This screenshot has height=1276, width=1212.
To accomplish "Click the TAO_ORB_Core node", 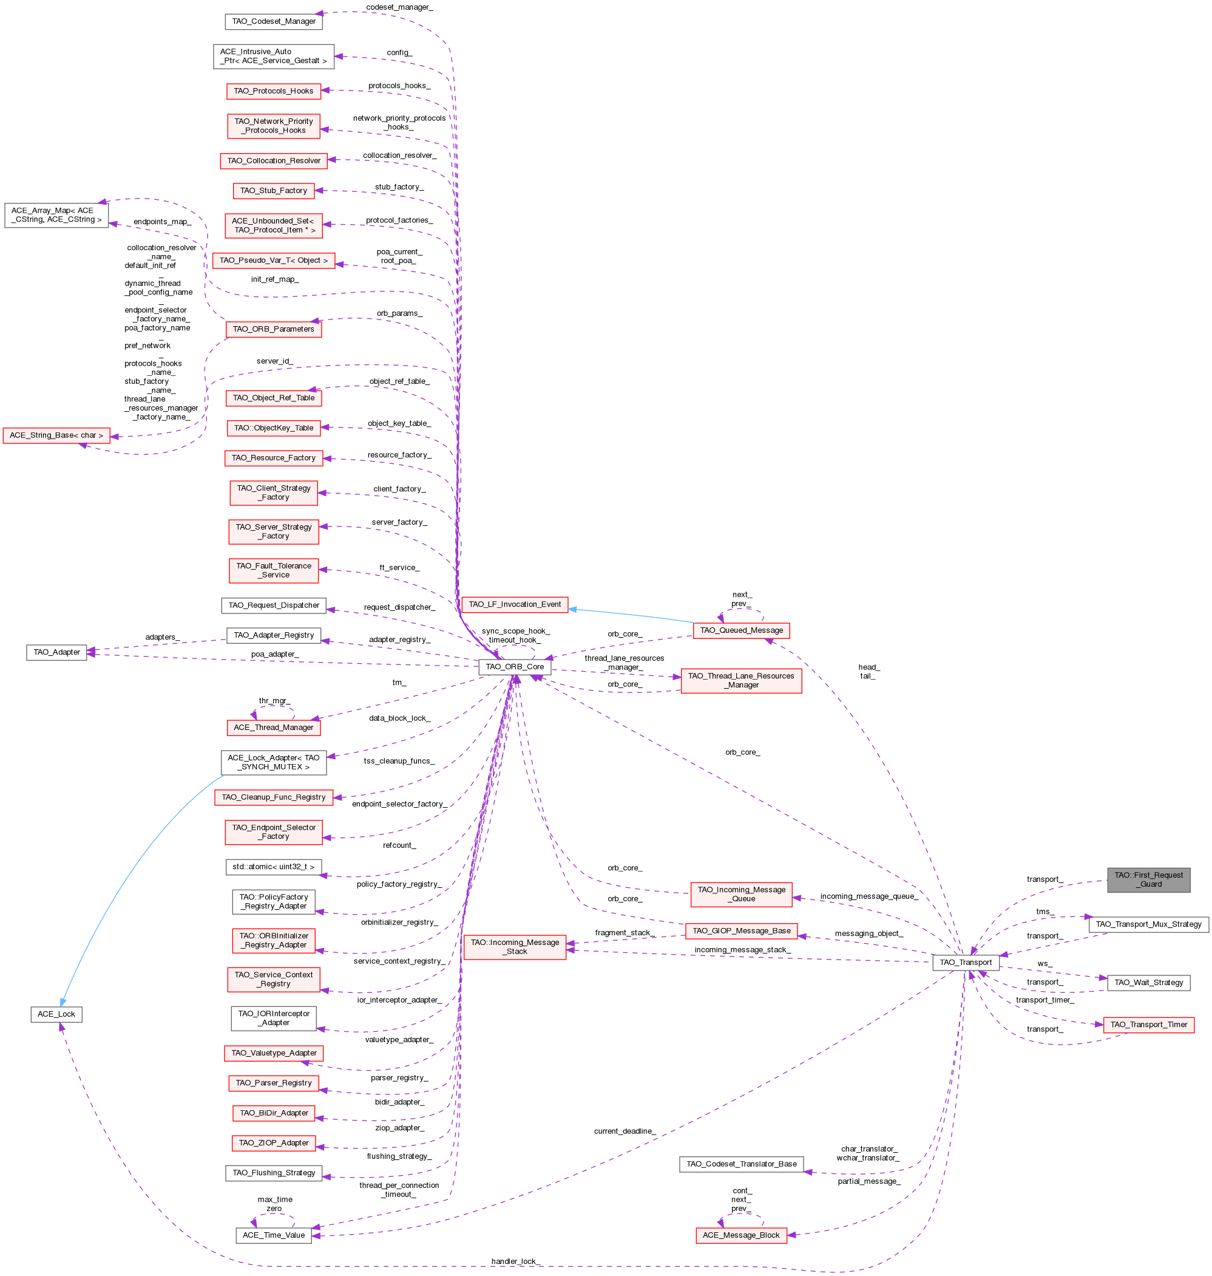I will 514,666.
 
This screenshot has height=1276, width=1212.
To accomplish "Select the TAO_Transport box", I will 965,962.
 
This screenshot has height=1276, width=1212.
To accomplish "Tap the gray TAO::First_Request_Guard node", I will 1148,880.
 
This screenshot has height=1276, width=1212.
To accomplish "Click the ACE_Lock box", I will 56,1014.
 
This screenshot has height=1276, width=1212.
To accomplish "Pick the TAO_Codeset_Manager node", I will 273,21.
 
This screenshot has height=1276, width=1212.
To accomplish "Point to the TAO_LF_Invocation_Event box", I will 514,604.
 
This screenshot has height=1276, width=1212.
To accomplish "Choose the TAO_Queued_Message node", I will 741,630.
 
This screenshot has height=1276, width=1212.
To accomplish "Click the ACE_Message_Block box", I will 740,1235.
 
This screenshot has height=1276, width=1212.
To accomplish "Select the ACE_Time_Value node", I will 273,1235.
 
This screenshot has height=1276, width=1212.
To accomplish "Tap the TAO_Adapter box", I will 56,652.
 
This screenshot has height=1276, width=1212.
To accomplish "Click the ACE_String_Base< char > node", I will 56,435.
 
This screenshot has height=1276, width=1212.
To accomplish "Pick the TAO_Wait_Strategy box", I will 1148,983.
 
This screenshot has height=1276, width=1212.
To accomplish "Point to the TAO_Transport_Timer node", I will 1148,1025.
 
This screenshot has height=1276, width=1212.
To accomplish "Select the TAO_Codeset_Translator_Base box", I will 740,1164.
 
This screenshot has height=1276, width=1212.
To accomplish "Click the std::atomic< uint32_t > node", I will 273,867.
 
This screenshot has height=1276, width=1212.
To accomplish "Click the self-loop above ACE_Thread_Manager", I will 274,706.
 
